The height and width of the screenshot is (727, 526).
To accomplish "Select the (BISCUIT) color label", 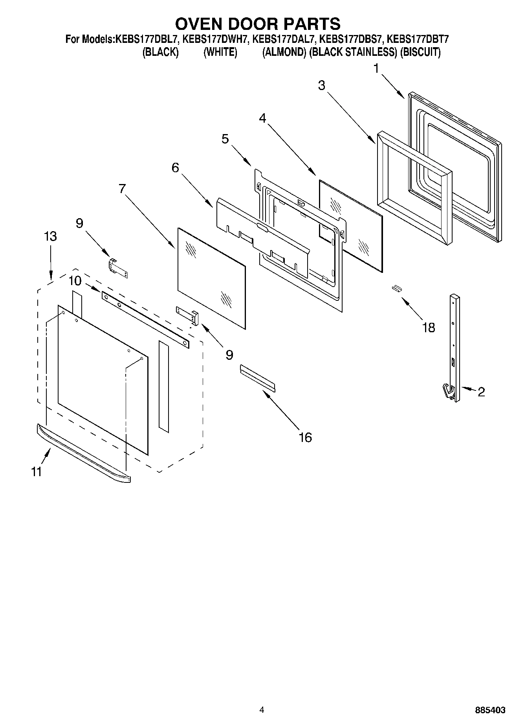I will pyautogui.click(x=420, y=52).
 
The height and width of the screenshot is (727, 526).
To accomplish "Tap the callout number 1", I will pyautogui.click(x=376, y=69).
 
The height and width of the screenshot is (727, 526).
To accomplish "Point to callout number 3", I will pyautogui.click(x=322, y=85).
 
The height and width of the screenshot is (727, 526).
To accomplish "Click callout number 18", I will pyautogui.click(x=429, y=327).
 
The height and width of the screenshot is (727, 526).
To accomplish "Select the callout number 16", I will pyautogui.click(x=305, y=437).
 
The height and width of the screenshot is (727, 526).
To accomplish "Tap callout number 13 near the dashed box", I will pyautogui.click(x=50, y=236).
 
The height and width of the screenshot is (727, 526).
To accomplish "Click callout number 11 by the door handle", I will pyautogui.click(x=37, y=471).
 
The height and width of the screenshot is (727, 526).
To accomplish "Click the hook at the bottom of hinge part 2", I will pyautogui.click(x=448, y=391).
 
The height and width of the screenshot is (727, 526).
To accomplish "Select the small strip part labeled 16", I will pyautogui.click(x=258, y=377).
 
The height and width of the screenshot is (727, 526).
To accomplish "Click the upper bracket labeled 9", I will pyautogui.click(x=118, y=269).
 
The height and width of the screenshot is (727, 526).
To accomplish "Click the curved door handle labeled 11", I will pyautogui.click(x=82, y=452).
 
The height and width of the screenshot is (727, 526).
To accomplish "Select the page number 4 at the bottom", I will pyautogui.click(x=262, y=710).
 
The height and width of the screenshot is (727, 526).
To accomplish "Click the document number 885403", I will pyautogui.click(x=490, y=710).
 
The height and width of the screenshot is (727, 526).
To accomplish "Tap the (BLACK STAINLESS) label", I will pyautogui.click(x=353, y=52).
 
